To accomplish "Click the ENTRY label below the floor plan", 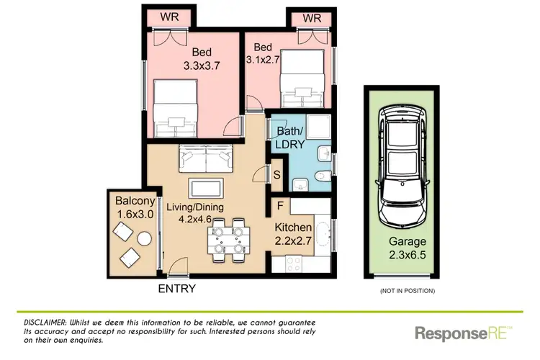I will pyautogui.click(x=176, y=289).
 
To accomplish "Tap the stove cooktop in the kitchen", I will pyautogui.click(x=295, y=264).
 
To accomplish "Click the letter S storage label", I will pyautogui.click(x=277, y=174).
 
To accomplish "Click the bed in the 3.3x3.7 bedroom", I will pyautogui.click(x=174, y=103).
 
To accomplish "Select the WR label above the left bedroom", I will pyautogui.click(x=170, y=17).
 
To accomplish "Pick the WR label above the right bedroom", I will pyautogui.click(x=311, y=17).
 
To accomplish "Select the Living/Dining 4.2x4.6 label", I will pyautogui.click(x=196, y=214).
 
